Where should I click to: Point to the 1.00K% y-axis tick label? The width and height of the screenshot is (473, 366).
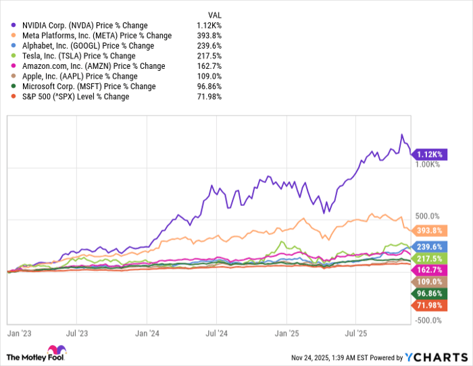point(428,164)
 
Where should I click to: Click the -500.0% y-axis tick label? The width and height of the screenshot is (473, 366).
point(428,320)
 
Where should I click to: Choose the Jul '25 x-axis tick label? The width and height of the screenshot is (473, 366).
point(355,334)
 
